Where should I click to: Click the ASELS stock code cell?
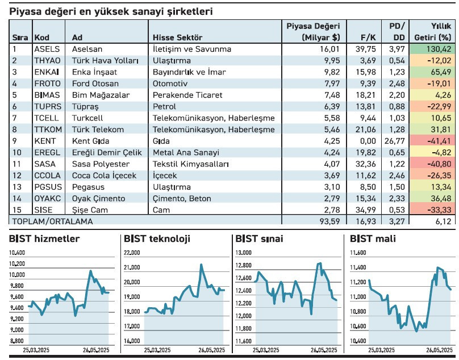[x=47, y=49]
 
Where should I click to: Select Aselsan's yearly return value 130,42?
[x=437, y=49]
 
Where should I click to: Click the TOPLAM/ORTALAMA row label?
[x=52, y=221]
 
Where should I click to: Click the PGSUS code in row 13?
[x=48, y=187]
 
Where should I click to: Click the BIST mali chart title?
[x=373, y=239]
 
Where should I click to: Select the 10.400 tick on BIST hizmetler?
[x=17, y=253]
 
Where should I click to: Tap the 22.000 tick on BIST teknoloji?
[x=131, y=253]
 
